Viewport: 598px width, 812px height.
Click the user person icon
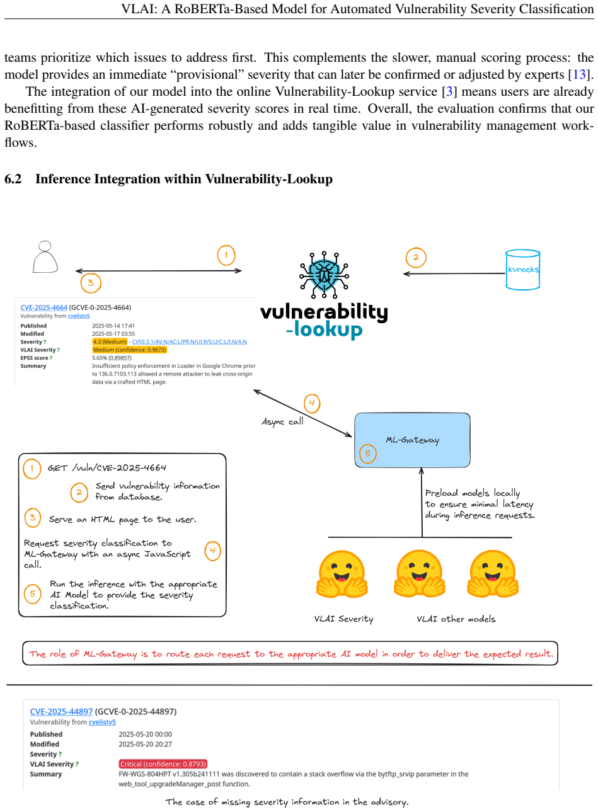(45, 256)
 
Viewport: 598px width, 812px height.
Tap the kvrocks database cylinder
(522, 270)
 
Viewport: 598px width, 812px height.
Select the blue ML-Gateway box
(412, 440)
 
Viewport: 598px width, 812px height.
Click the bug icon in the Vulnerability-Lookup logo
(324, 275)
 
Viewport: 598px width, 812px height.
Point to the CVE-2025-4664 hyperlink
(44, 307)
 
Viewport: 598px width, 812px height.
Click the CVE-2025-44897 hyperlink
(61, 712)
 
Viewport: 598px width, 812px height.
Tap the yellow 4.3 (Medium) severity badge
(110, 341)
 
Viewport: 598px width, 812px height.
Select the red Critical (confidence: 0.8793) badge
(163, 763)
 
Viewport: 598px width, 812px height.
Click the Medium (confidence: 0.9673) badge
(129, 350)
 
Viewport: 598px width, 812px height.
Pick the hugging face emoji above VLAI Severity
(342, 574)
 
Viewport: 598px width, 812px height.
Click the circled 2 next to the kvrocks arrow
(416, 258)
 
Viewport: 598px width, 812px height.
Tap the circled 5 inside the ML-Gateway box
(368, 454)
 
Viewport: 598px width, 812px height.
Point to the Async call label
(282, 421)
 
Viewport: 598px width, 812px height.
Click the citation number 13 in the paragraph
(579, 74)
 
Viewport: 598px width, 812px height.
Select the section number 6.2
(13, 179)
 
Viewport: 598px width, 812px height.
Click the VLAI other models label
(456, 619)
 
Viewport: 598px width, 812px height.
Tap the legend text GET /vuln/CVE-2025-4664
(107, 468)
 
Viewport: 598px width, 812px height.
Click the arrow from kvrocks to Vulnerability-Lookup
(454, 273)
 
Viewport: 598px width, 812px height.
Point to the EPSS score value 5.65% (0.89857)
(112, 358)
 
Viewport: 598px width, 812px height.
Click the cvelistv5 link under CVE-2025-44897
(102, 722)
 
